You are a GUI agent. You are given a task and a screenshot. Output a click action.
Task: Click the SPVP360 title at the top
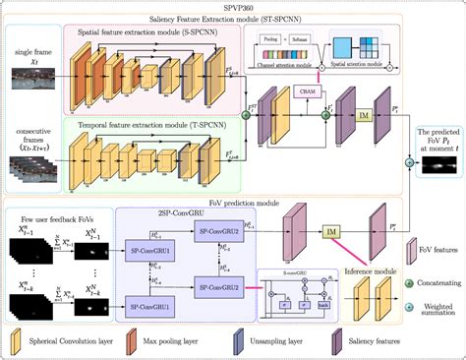coord(232,6)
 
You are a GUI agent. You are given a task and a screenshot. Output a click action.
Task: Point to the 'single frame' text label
coord(27,48)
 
